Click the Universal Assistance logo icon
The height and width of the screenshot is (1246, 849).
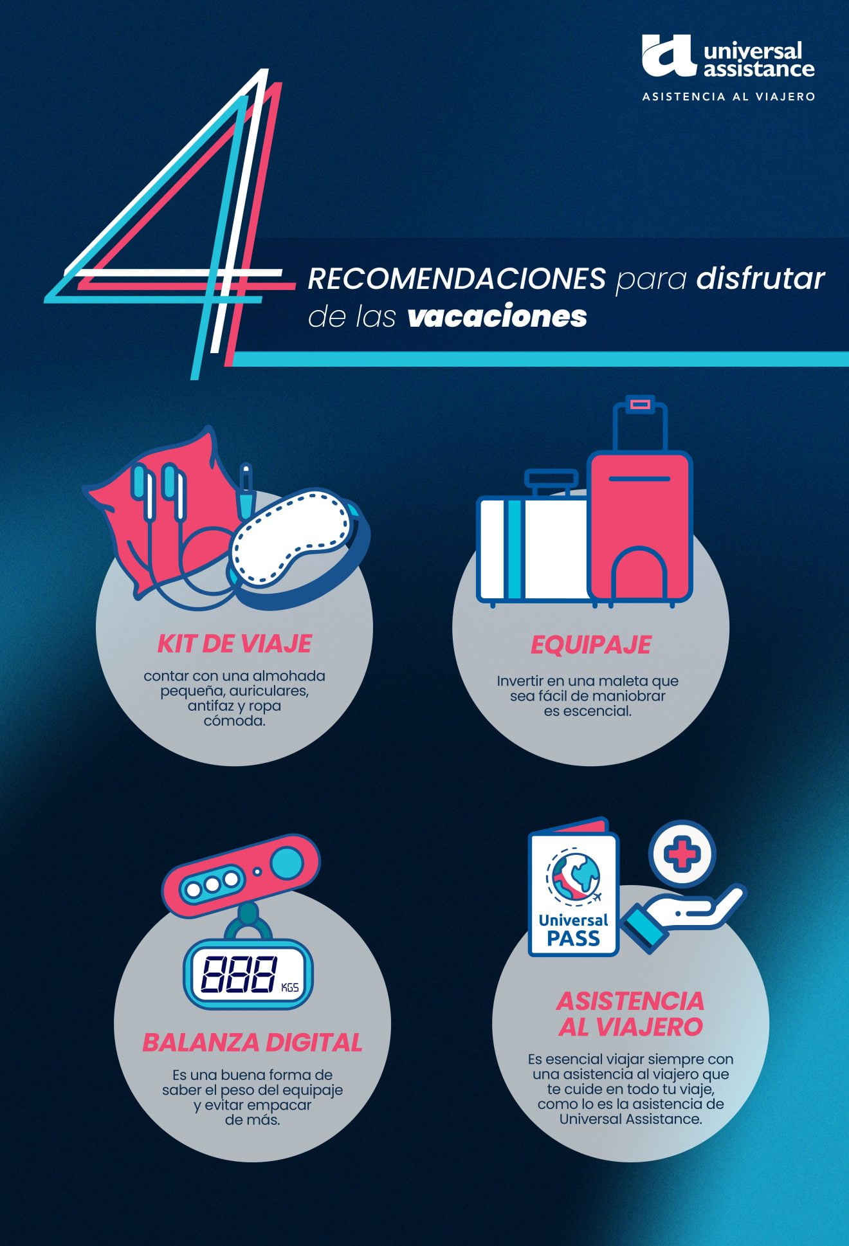[x=668, y=56]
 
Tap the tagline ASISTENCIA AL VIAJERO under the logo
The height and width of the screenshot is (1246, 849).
[x=729, y=96]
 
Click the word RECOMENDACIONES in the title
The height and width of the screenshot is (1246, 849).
[x=457, y=279]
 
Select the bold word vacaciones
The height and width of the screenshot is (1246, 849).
[x=497, y=316]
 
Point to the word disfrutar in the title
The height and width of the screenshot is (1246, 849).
[x=760, y=279]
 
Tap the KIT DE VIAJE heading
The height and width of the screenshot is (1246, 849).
[x=235, y=643]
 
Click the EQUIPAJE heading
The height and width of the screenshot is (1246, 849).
[x=590, y=645]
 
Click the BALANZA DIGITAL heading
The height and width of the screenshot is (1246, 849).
[x=252, y=1042]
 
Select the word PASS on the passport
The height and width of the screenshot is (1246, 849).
[x=573, y=938]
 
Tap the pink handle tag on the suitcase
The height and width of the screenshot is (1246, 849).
[x=640, y=404]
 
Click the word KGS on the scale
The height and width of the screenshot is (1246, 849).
[x=290, y=987]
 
